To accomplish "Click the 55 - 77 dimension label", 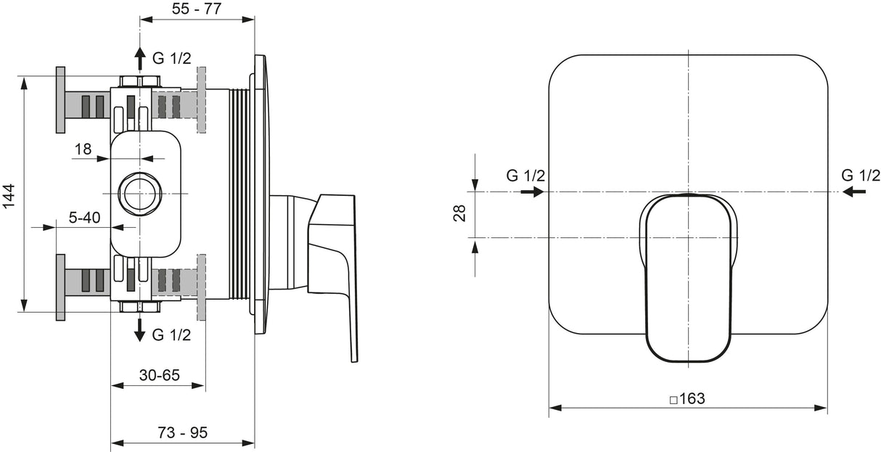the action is click(x=197, y=8).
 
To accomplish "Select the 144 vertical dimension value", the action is click(x=9, y=196).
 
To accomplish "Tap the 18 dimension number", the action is click(x=83, y=149).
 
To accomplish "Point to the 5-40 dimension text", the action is click(x=85, y=217).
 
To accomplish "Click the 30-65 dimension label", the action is click(x=159, y=375).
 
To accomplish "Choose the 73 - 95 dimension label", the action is click(x=182, y=432).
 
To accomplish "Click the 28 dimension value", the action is click(x=459, y=213).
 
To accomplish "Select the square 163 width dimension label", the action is click(x=687, y=398).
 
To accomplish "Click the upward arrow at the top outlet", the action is click(x=139, y=59).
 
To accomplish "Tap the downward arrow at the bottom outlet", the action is click(x=139, y=330).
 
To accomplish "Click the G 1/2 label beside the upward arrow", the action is click(x=171, y=58).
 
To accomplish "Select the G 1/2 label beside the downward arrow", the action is click(x=171, y=334).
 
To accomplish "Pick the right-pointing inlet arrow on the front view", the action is click(x=532, y=192).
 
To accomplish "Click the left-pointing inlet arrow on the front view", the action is click(x=854, y=192).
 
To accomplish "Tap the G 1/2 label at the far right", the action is click(x=861, y=176).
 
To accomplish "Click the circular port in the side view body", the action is click(x=139, y=194).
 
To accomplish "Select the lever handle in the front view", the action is click(x=688, y=277).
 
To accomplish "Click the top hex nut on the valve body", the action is click(x=139, y=81).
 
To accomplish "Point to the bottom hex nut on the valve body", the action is click(x=139, y=307).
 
